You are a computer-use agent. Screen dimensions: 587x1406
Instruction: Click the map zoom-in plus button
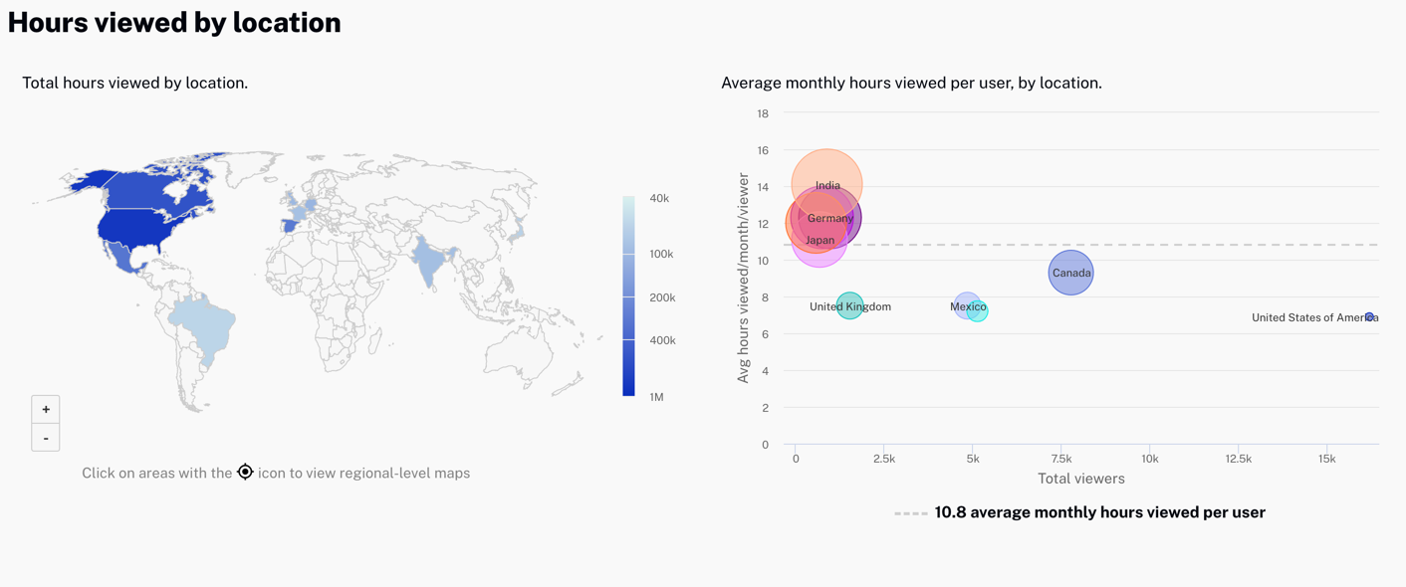coord(46,409)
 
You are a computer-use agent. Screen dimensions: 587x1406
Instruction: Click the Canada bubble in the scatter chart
coord(1070,273)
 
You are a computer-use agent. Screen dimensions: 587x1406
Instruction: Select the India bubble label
coord(827,185)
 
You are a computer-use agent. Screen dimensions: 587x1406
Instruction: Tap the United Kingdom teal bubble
coord(849,305)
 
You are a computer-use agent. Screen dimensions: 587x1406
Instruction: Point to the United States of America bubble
coord(1369,317)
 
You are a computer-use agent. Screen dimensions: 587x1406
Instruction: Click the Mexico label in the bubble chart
coord(968,306)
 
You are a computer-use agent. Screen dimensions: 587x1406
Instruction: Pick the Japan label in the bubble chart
coord(820,240)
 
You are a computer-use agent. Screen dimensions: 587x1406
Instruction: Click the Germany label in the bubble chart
coord(830,218)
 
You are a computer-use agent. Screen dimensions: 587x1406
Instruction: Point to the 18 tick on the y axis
coord(763,113)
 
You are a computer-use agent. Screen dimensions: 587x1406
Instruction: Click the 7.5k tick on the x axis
coord(1061,459)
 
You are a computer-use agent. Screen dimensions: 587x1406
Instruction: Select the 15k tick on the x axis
coord(1327,459)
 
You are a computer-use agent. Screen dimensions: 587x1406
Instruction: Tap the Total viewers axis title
coord(1080,479)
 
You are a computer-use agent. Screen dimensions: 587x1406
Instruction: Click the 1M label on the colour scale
coord(656,397)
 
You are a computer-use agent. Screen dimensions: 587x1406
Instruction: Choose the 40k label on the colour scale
coord(659,198)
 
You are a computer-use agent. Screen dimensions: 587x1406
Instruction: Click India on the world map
coord(429,261)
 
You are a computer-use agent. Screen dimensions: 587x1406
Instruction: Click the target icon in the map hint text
coord(245,472)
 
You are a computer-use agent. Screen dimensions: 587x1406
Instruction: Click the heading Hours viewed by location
coord(174,22)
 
